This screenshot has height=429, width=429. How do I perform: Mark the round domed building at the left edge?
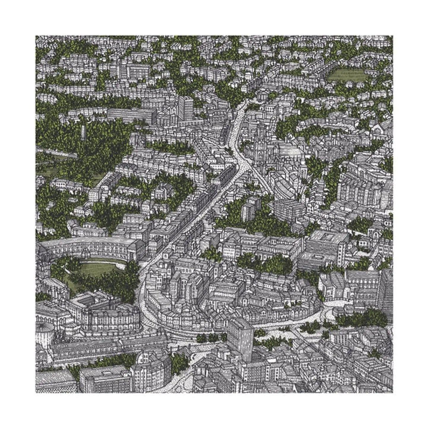click(x=45, y=333)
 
